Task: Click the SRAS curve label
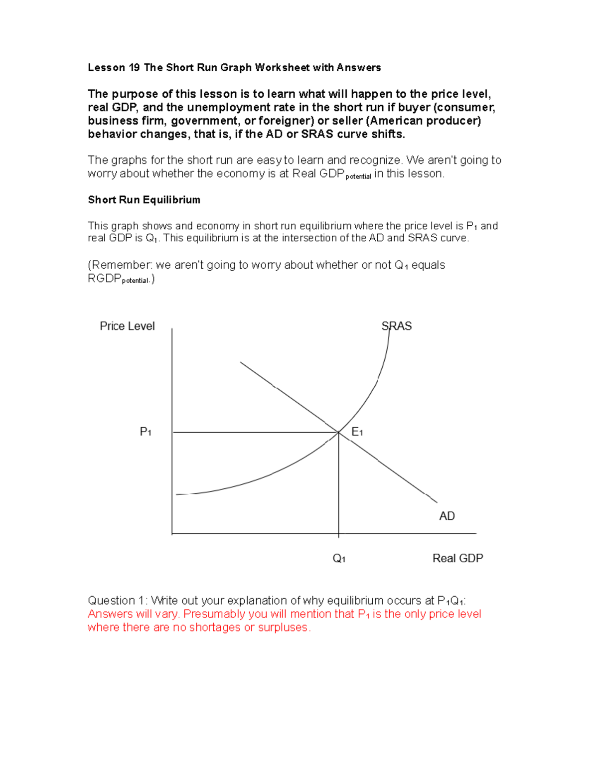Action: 396,326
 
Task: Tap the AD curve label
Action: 447,516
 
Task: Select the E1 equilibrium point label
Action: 357,432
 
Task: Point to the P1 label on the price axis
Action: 146,432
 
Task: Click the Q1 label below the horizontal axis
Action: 339,558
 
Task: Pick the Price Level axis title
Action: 127,326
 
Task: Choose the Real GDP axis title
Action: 457,558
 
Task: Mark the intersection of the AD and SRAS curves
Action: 339,432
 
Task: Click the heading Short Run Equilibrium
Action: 144,200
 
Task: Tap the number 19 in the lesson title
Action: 134,68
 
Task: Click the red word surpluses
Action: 284,627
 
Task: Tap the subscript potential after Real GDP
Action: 358,176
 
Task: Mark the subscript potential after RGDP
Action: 136,281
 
